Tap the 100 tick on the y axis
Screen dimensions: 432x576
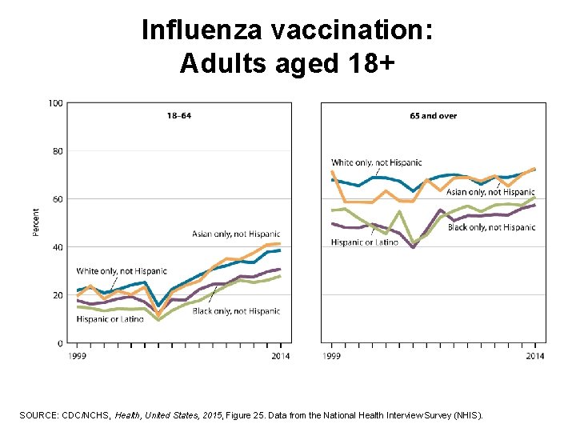[x=56, y=103]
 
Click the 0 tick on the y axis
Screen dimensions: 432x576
[x=60, y=343]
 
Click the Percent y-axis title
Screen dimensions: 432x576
[x=36, y=222]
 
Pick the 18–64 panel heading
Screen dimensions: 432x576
[x=179, y=116]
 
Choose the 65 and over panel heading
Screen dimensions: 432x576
[x=433, y=116]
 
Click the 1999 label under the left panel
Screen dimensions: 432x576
[x=77, y=356]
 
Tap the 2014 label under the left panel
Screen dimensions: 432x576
[x=281, y=356]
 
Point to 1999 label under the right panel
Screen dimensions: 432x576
[x=331, y=356]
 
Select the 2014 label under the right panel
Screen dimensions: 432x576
[x=535, y=356]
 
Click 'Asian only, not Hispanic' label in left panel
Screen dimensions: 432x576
[x=236, y=234]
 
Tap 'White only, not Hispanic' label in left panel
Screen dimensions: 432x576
[x=122, y=272]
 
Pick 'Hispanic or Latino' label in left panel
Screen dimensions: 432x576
[x=110, y=319]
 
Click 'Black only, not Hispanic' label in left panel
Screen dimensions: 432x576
[x=236, y=311]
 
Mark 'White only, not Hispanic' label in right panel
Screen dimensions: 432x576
[x=377, y=163]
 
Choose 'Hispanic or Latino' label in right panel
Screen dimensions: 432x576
[x=364, y=242]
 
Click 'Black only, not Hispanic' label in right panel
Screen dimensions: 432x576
[x=491, y=228]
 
